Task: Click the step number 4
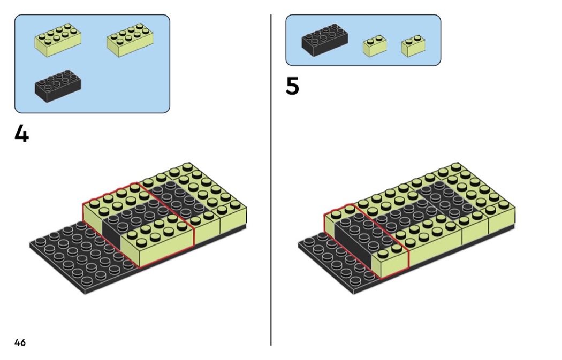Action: (x=21, y=134)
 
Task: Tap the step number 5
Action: (x=292, y=87)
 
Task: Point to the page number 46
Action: (x=20, y=342)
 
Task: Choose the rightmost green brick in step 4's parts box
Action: (x=130, y=40)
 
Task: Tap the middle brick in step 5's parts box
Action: (x=375, y=46)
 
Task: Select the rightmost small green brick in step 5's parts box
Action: (x=413, y=46)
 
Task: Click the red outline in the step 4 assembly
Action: (x=83, y=214)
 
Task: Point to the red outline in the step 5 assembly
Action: (x=324, y=225)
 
